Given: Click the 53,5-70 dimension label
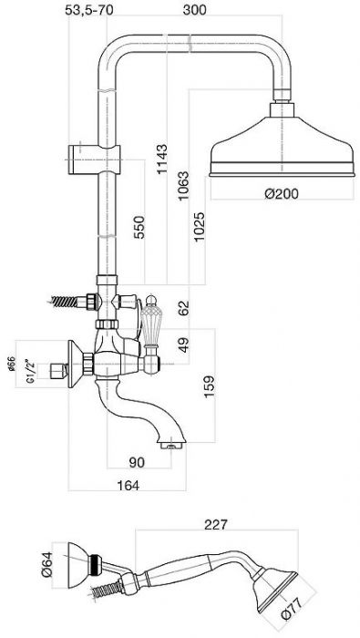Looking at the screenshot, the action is (88, 10).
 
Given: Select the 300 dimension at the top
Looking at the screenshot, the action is (194, 10).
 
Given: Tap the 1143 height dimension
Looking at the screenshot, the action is (162, 159).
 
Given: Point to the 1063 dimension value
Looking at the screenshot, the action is (183, 186).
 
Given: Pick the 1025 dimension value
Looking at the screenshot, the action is (200, 227).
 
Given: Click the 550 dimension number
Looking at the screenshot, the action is (139, 228).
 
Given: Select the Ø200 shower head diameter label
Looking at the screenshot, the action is (281, 193).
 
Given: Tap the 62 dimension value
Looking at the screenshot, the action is (183, 308).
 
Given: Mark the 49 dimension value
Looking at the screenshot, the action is (183, 345).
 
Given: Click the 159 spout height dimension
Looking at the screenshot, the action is (209, 386).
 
